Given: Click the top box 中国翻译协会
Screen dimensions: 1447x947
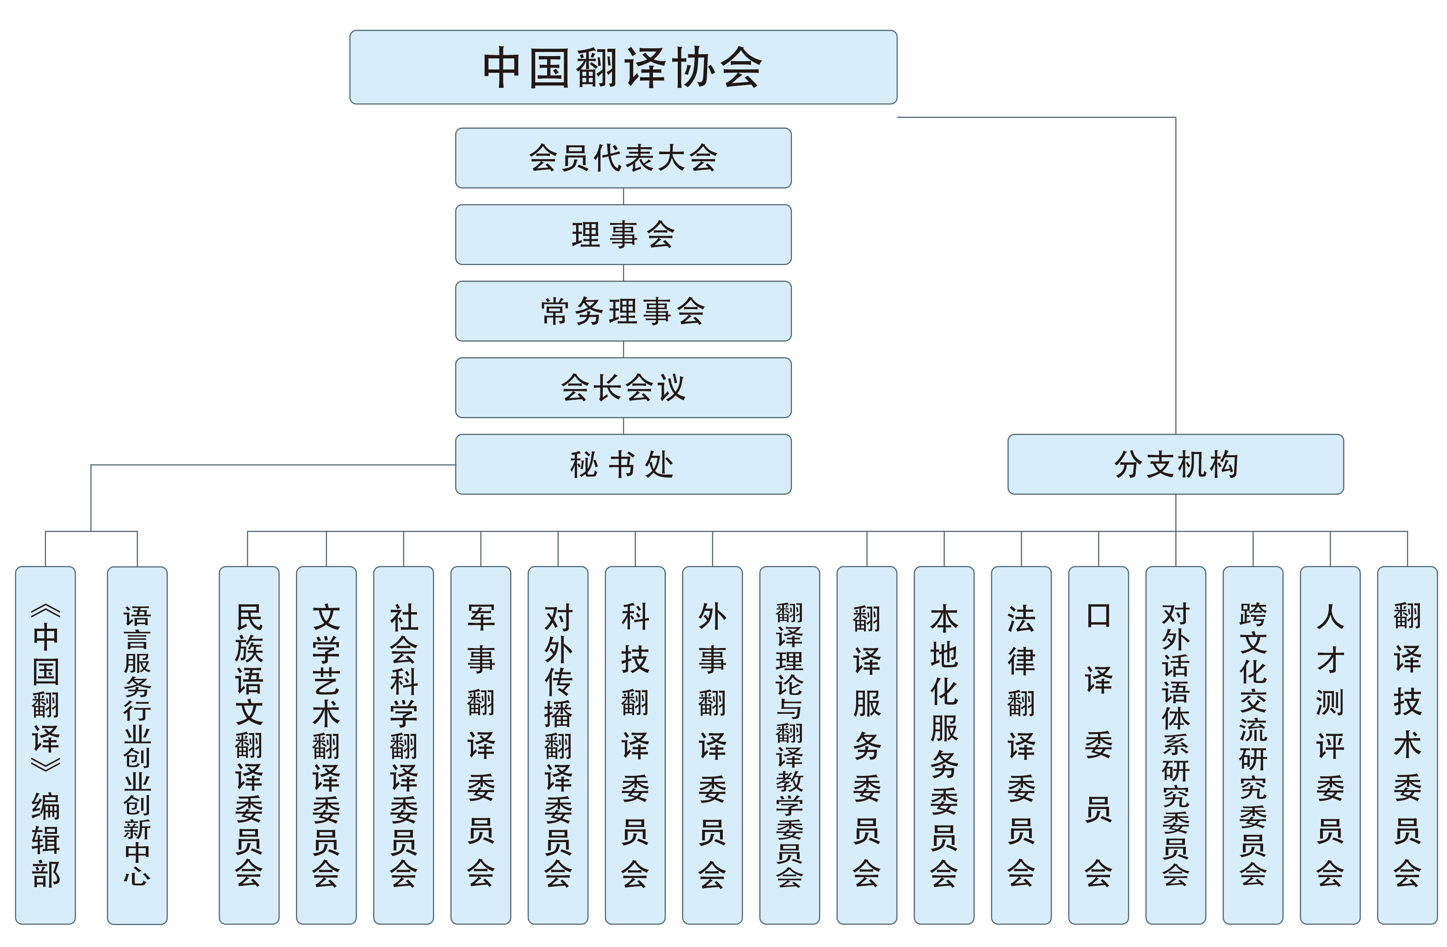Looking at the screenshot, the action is [623, 67].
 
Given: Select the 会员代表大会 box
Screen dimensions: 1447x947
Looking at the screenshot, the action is [623, 158].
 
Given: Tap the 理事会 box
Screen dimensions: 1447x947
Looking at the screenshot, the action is [623, 234].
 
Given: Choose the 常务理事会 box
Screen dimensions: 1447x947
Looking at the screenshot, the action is [623, 311].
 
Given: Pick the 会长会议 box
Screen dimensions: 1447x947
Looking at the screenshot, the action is [623, 387].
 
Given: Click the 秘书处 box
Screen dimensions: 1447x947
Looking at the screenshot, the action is [623, 464].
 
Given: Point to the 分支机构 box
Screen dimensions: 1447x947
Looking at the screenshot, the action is [1175, 464].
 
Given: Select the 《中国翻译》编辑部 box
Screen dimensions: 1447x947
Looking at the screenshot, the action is [46, 745].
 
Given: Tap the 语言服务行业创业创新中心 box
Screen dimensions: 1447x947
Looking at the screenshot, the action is [137, 745].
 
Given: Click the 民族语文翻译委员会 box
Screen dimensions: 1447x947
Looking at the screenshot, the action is [249, 745].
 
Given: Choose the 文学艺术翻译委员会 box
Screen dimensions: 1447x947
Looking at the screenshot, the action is [326, 745].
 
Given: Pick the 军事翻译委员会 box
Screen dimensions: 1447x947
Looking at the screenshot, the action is [481, 745].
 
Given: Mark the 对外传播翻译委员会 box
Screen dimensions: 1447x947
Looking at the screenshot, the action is [558, 745].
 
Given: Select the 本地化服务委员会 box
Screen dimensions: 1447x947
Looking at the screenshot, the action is [944, 745].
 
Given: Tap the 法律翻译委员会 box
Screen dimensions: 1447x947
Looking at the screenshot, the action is [1021, 745].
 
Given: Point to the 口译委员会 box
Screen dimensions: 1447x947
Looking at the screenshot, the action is [1098, 745].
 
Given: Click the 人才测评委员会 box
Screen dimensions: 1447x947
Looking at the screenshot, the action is [1330, 745].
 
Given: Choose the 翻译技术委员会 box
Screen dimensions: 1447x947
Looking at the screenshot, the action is [1407, 745].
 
